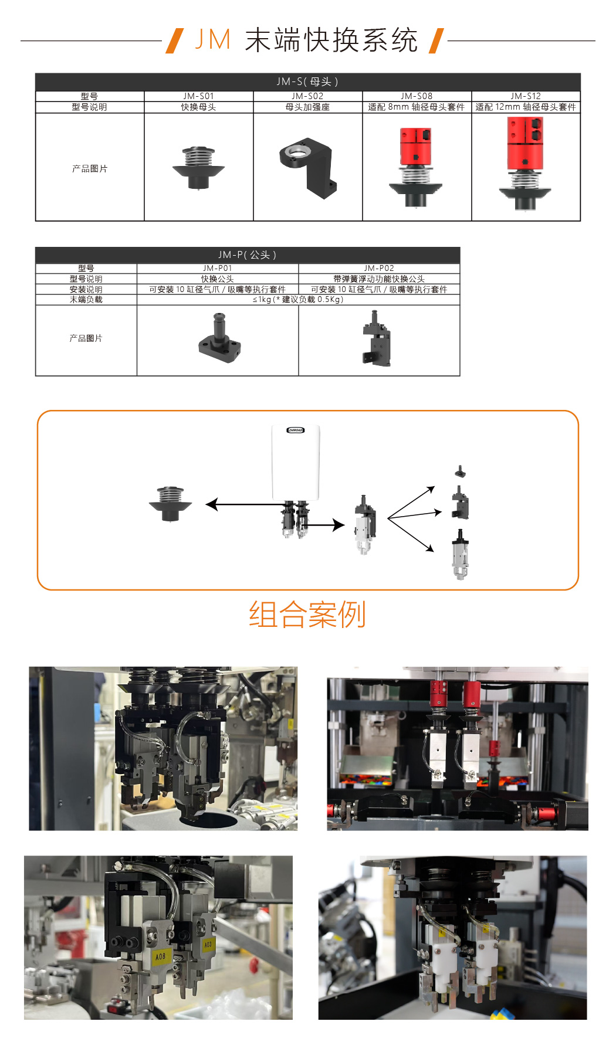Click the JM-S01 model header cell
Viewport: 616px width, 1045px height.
198,96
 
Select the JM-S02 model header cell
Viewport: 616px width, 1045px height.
307,96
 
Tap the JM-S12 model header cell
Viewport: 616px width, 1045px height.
526,96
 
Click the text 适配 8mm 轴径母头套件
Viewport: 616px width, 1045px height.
417,107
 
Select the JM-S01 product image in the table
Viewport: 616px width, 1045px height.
198,168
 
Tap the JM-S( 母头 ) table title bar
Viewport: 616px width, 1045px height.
307,82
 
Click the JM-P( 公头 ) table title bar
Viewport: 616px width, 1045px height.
247,255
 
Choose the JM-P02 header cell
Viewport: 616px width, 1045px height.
379,268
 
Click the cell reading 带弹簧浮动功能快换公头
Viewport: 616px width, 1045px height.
379,279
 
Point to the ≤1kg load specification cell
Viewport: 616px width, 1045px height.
298,299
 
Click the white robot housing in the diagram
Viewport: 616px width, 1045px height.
296,463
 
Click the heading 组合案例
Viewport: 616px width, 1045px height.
307,614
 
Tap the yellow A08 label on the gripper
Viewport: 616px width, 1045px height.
161,956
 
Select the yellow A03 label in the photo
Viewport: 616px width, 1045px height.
208,945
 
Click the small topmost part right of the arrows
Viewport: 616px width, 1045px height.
461,471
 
